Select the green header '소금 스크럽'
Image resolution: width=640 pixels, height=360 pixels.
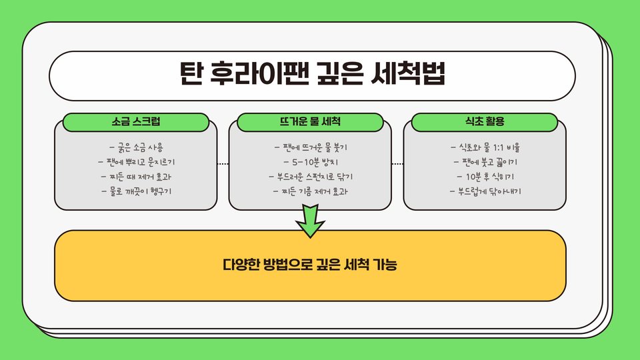[x=136, y=123]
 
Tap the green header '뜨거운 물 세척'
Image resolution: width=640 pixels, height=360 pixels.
[x=311, y=123]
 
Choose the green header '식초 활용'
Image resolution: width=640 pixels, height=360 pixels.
[x=485, y=123]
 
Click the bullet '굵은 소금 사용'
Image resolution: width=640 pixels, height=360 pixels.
[x=136, y=147]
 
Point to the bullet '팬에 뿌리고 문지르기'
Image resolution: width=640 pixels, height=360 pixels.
[x=136, y=162]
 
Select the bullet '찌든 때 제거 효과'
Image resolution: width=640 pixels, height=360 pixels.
[x=136, y=177]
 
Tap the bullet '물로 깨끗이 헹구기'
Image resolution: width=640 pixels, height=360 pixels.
[x=136, y=193]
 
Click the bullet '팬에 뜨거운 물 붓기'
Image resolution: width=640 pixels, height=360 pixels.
[x=311, y=147]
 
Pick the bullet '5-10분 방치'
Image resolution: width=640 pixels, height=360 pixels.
[x=311, y=162]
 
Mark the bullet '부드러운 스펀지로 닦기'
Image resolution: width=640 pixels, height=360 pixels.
[x=311, y=177]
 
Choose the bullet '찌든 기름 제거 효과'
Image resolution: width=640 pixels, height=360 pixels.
[x=311, y=193]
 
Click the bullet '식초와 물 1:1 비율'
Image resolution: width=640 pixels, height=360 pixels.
[x=485, y=147]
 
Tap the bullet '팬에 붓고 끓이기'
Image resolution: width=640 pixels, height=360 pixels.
[x=485, y=162]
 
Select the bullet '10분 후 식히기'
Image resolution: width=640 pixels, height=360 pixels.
[x=485, y=177]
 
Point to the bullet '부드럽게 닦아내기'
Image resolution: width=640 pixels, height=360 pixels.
[x=485, y=193]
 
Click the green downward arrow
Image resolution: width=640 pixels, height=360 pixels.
[x=310, y=222]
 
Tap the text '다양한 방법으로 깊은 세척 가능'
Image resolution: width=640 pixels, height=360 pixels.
[x=310, y=265]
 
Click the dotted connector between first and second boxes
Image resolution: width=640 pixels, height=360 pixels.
[x=223, y=164]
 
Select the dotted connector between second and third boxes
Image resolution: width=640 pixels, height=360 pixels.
[x=397, y=164]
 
